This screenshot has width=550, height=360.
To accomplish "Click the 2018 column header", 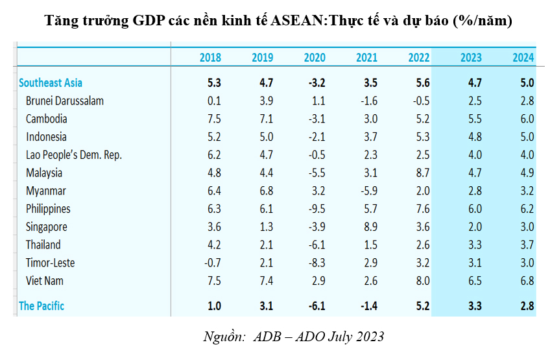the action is [210, 58].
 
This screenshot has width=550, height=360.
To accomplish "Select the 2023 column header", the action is [471, 58].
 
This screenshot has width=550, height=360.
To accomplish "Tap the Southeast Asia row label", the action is [51, 83].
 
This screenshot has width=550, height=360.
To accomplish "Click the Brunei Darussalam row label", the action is [65, 101].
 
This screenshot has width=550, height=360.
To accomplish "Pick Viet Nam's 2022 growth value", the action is [423, 281].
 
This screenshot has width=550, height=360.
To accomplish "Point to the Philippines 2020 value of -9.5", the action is [317, 209].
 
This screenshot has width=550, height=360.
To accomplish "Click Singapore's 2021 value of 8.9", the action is [371, 227].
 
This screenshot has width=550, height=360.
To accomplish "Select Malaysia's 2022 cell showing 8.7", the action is [423, 173].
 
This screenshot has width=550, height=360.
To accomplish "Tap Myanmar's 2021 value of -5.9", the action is [369, 191].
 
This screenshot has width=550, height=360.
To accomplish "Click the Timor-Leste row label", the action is [51, 263].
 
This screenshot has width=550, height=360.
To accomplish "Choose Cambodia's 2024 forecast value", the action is [527, 119].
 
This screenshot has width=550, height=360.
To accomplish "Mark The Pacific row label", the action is [42, 306].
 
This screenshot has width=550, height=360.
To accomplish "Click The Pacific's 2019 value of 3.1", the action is [266, 306].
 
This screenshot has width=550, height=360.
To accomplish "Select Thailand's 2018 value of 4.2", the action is [214, 245].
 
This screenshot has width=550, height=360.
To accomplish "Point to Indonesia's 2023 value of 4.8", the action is [475, 137].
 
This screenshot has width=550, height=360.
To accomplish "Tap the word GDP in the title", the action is [149, 21].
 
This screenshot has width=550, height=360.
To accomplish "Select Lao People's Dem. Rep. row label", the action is [74, 155].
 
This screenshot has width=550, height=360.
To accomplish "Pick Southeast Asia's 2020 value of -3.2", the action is [317, 83].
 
